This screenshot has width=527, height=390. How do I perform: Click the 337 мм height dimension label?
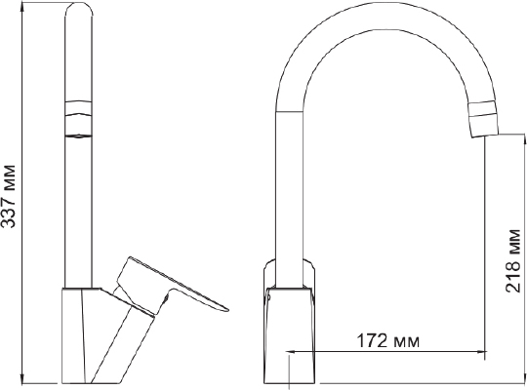tap(9, 197)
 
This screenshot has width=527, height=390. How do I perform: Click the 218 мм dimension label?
tap(513, 260)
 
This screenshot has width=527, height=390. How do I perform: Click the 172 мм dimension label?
tap(387, 341)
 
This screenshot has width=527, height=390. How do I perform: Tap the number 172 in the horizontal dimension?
tap(372, 341)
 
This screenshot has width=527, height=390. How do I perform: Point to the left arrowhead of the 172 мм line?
tap(290, 352)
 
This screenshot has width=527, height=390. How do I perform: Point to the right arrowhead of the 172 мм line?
tap(482, 352)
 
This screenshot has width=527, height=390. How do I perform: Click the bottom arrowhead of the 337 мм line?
tap(22, 378)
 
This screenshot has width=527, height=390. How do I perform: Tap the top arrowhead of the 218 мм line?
tap(524, 138)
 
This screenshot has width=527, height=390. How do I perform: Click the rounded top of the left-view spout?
tap(78, 9)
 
